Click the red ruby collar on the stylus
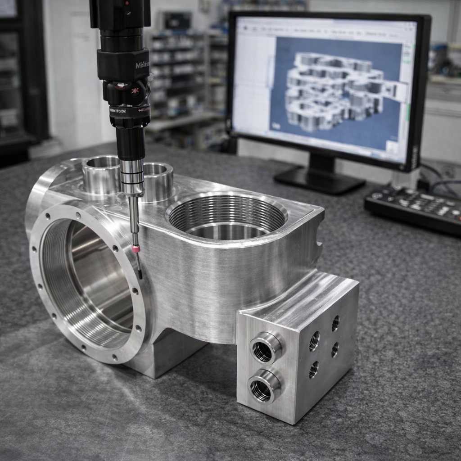pos(136,249)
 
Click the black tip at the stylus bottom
pos(140,272)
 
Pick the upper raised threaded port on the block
pos(265,347)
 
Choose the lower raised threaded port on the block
pos(264,386)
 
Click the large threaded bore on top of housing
pos(227,216)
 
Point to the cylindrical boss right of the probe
pos(158,180)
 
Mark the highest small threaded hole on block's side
pos(335,323)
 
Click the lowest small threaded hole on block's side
pos(313,370)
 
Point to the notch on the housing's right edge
pos(320,245)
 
